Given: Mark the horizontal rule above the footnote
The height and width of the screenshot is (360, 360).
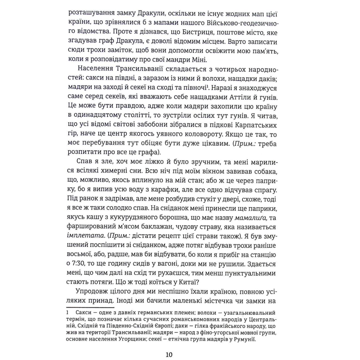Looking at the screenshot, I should click(x=90, y=307).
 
